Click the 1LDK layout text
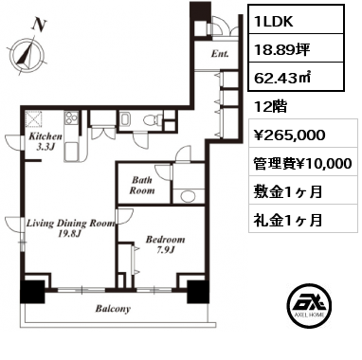[274, 21]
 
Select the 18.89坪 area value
[281, 49]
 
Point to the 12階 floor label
[270, 107]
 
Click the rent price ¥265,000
[289, 135]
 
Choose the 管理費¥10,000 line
[302, 163]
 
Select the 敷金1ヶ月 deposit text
[288, 191]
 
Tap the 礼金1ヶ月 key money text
[288, 220]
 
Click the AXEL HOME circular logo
[310, 305]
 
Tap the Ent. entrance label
[220, 54]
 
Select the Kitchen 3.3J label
[45, 141]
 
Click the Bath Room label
[142, 186]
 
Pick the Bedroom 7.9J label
[165, 244]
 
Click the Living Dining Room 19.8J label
[70, 228]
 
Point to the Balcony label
[113, 309]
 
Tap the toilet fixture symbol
[153, 120]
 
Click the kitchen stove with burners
[71, 117]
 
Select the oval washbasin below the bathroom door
[189, 196]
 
